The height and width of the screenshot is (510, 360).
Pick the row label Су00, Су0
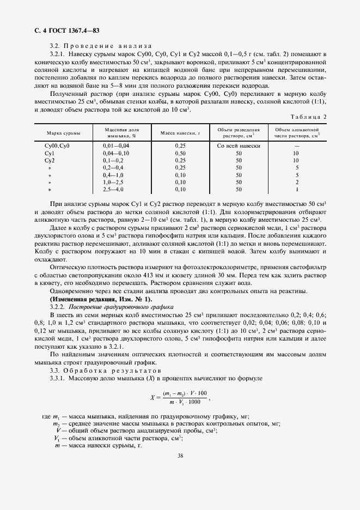tap(57, 147)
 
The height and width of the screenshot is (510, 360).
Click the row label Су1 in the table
tap(48, 154)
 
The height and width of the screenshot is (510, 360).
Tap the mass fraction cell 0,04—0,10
tap(116, 154)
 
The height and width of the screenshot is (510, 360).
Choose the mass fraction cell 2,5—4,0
tap(113, 190)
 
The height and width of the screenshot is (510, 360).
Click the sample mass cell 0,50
tap(180, 154)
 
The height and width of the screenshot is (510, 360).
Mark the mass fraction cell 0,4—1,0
tap(113, 175)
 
